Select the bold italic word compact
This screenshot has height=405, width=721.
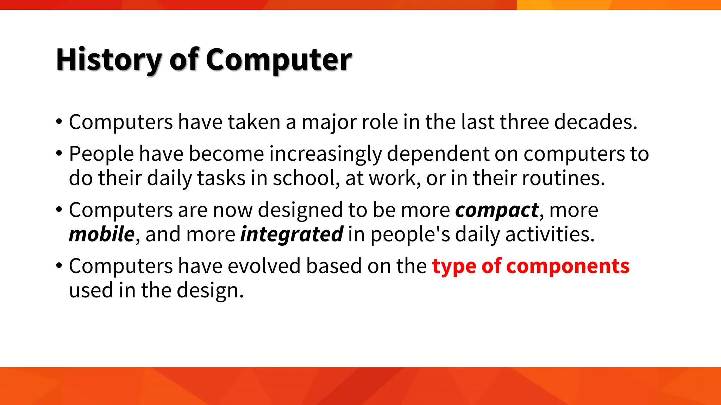click(x=497, y=210)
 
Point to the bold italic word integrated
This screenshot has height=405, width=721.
click(x=291, y=235)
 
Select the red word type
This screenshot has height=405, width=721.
click(x=454, y=266)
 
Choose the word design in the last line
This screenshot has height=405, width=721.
click(x=210, y=291)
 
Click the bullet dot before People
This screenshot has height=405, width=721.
click(x=59, y=154)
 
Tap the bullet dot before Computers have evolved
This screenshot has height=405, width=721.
click(x=59, y=266)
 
